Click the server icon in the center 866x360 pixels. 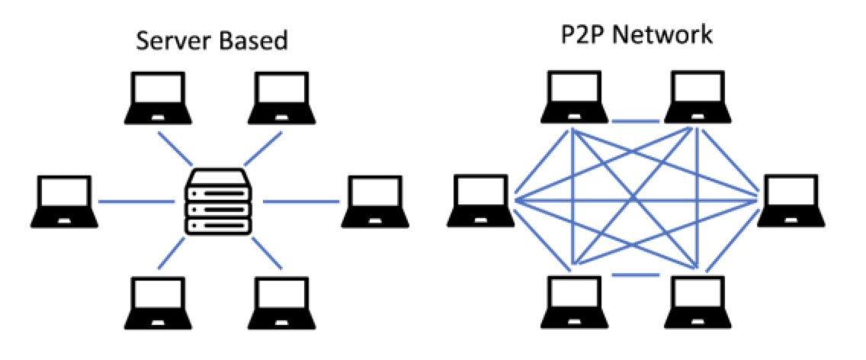pos(219,201)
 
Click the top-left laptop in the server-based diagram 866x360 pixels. pos(158,98)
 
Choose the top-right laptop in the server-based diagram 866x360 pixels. pos(281,98)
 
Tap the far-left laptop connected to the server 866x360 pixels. pos(65,201)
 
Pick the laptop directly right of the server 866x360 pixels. pos(375,201)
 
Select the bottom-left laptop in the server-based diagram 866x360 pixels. pos(158,303)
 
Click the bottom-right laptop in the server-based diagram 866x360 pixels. pos(281,303)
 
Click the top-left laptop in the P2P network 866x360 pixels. pos(574,97)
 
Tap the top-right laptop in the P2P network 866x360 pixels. pos(698,97)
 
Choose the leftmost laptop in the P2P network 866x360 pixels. pos(481,200)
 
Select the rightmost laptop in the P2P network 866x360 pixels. pos(791,200)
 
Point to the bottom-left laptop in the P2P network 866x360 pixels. pos(574,302)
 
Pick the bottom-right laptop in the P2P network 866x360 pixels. pos(698,302)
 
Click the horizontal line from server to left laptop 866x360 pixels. pos(136,202)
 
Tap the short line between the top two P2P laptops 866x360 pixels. pos(637,121)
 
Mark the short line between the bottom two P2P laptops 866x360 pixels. pos(637,275)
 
